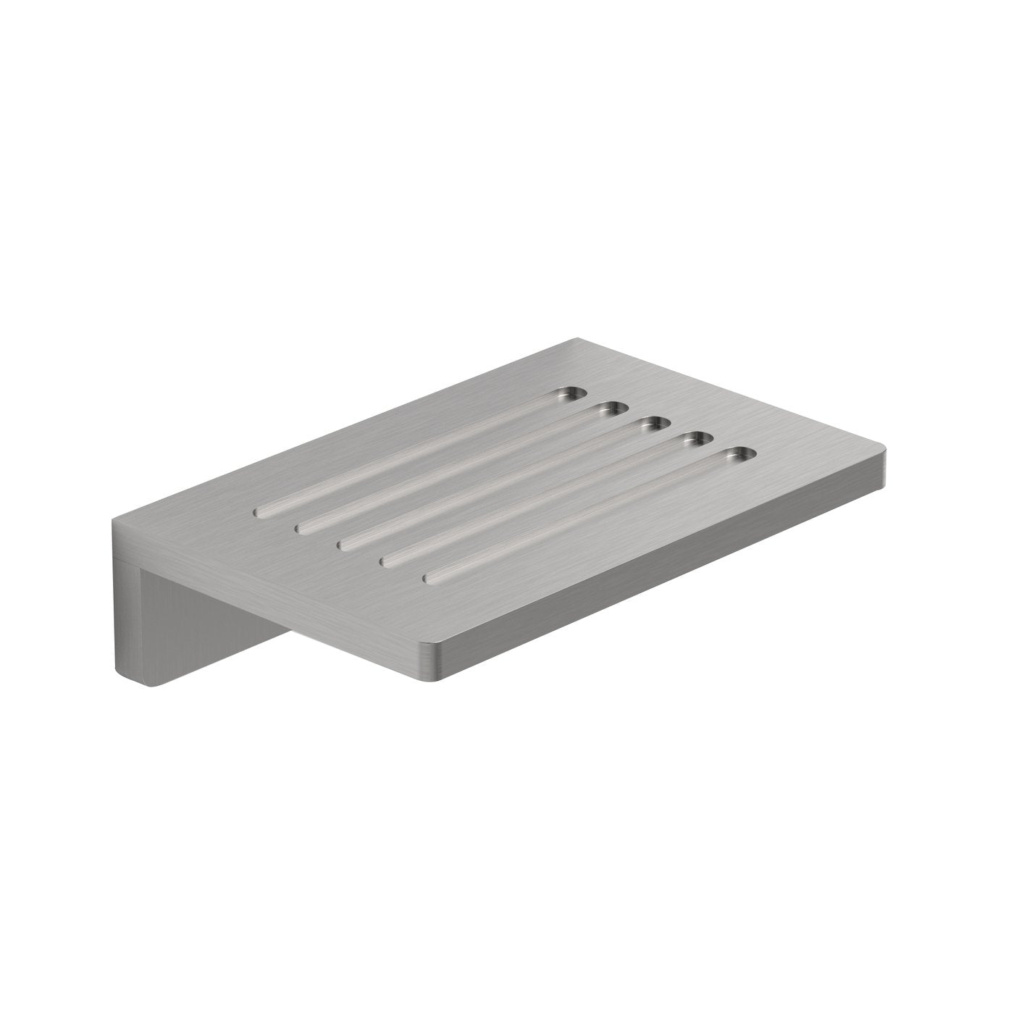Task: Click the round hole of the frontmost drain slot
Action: [739, 455]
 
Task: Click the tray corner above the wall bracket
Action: [116, 520]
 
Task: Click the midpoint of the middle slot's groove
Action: [500, 484]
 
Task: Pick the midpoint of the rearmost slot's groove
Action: [416, 454]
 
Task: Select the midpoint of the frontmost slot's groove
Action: [584, 516]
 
